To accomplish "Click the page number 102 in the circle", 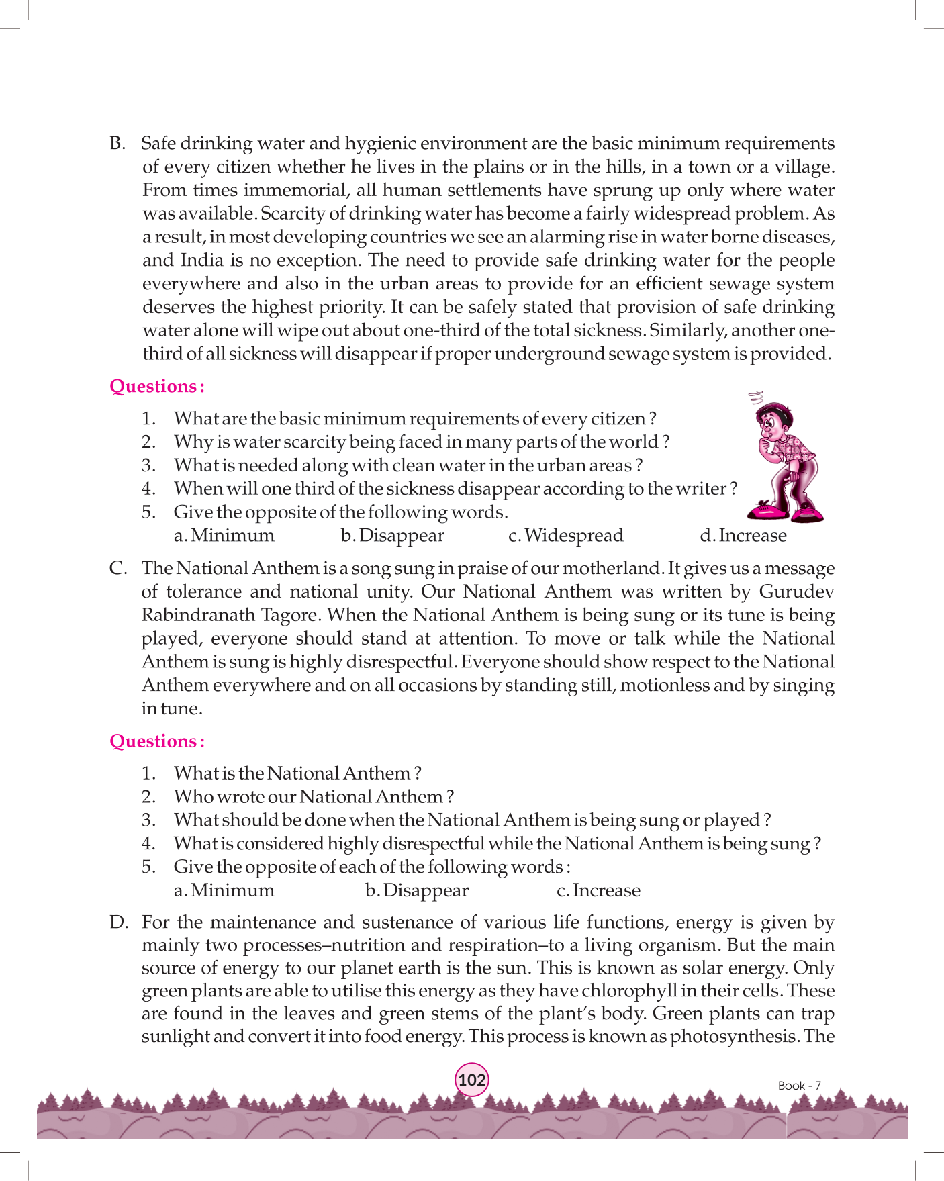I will [x=472, y=1080].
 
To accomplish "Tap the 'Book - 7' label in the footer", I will [x=799, y=1086].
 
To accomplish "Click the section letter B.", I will [x=117, y=144].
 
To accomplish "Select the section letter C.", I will [x=118, y=569].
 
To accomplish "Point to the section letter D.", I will [x=118, y=923].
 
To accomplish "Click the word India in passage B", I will [x=201, y=261].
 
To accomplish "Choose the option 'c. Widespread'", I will [x=566, y=536].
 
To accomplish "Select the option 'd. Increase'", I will [x=743, y=536].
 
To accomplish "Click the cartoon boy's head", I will [x=771, y=420].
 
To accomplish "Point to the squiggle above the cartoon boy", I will [x=757, y=395].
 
